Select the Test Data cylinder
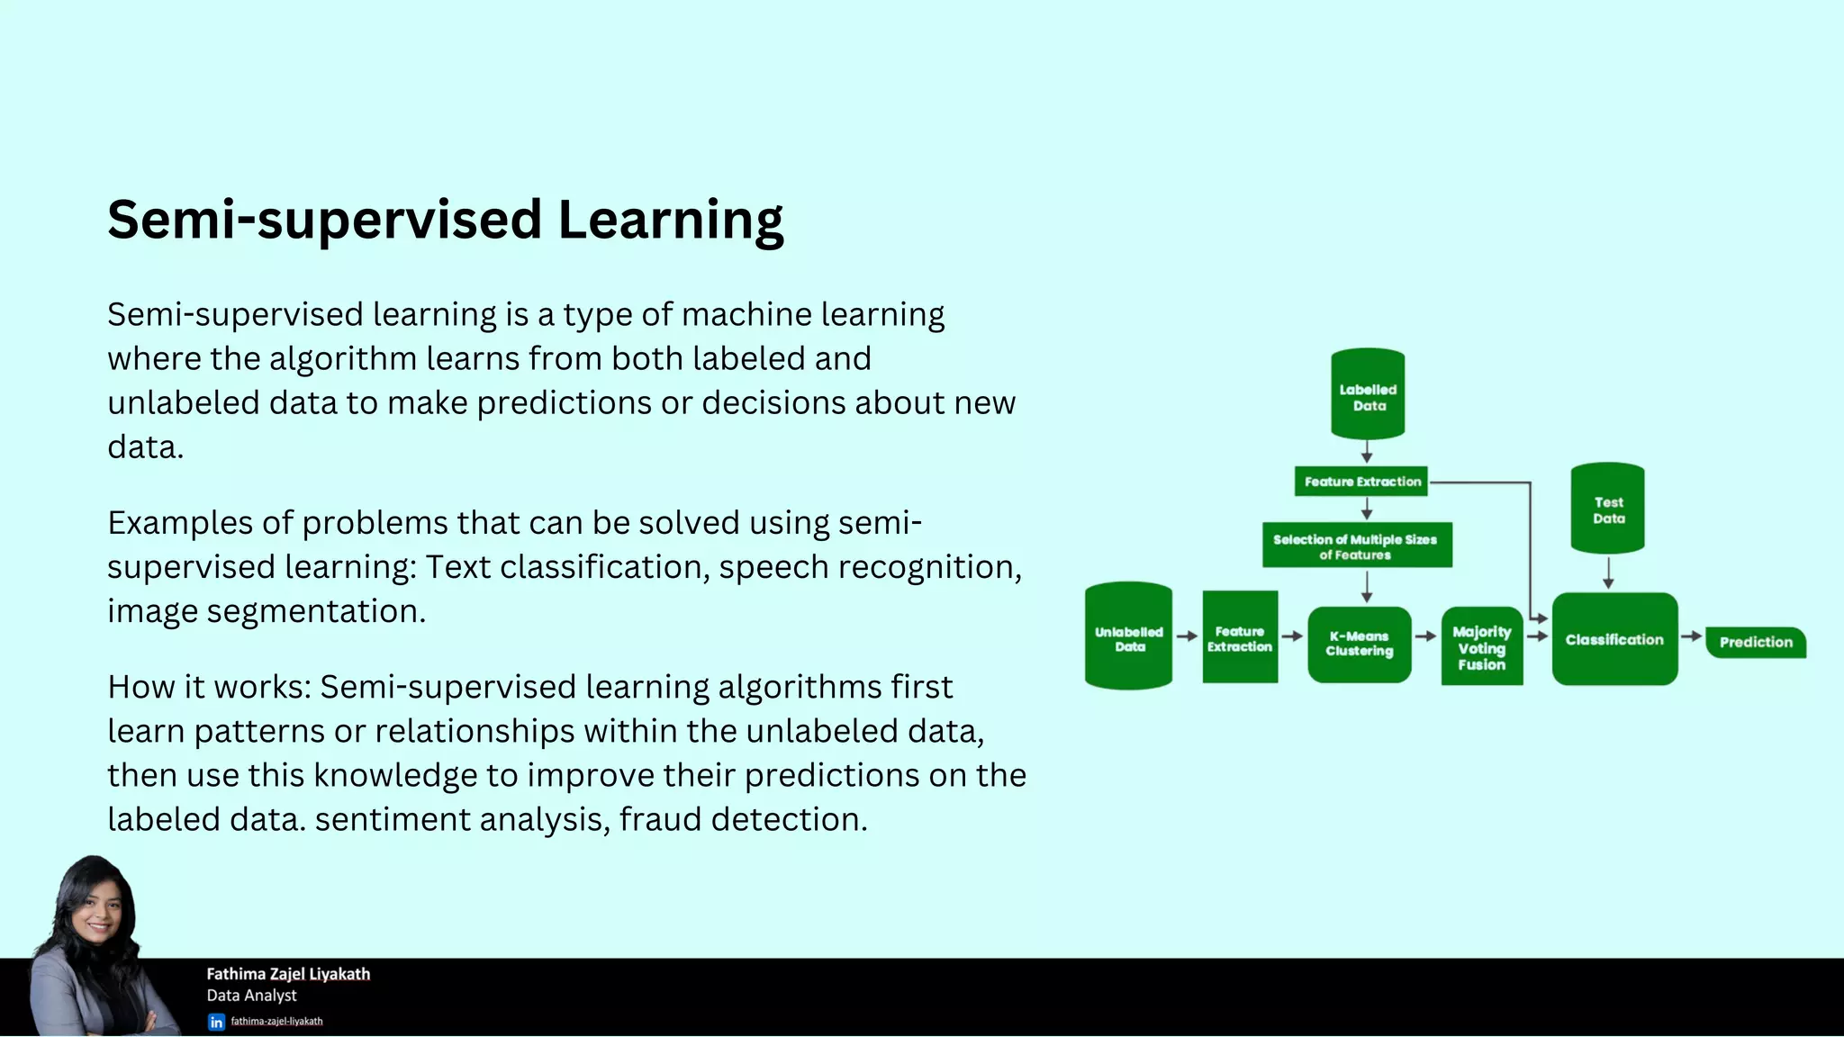pos(1607,509)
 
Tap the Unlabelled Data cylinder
pos(1128,636)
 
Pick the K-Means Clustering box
pos(1359,644)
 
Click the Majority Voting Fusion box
pos(1481,647)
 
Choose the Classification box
pos(1614,639)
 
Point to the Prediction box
pos(1755,642)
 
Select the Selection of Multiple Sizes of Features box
pos(1356,546)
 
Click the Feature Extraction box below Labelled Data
pos(1361,482)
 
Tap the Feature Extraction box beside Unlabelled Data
pos(1240,637)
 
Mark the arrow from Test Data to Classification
pos(1608,573)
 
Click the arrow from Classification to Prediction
pos(1691,636)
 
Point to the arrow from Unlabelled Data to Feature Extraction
pos(1187,636)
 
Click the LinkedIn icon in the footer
pos(216,1022)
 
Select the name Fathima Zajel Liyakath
pos(288,974)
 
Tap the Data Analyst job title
pos(251,996)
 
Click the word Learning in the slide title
pos(670,221)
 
